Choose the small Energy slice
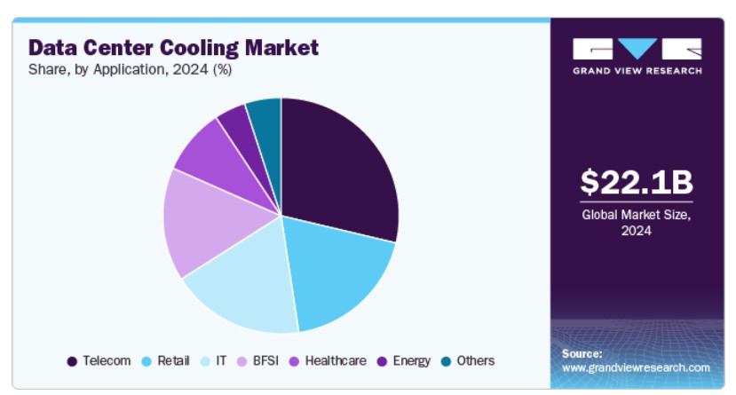pyautogui.click(x=235, y=122)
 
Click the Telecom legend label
pyautogui.click(x=107, y=360)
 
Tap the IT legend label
pyautogui.click(x=221, y=360)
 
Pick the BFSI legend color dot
pyautogui.click(x=245, y=361)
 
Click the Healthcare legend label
pyautogui.click(x=335, y=360)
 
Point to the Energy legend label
pyautogui.click(x=411, y=360)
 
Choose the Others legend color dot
pyautogui.click(x=447, y=361)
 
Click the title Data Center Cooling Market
pyautogui.click(x=173, y=46)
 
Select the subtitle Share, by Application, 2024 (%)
pyautogui.click(x=131, y=70)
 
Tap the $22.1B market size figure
pyautogui.click(x=636, y=182)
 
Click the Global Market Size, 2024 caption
pyautogui.click(x=636, y=222)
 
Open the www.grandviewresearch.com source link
pyautogui.click(x=636, y=367)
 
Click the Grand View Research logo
pyautogui.click(x=637, y=56)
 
